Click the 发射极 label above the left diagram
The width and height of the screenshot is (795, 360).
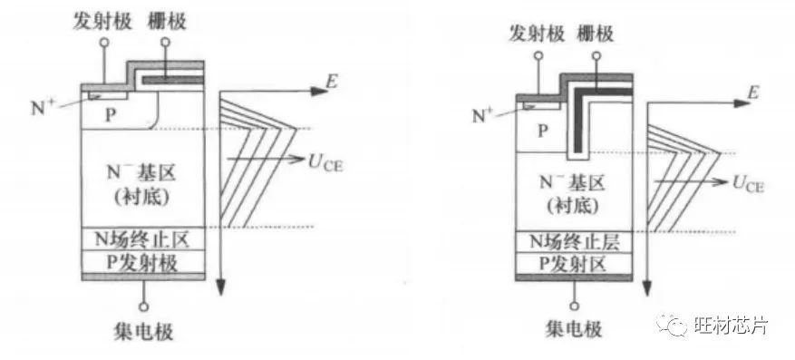[102, 21]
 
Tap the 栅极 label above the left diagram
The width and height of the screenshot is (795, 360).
[167, 21]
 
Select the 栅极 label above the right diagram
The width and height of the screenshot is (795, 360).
[595, 34]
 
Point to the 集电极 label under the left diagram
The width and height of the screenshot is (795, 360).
[144, 332]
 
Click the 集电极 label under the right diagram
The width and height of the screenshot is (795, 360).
[574, 329]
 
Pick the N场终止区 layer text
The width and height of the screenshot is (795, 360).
[143, 238]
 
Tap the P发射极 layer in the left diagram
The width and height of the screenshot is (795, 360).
[143, 262]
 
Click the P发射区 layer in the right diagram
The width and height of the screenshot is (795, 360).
[575, 264]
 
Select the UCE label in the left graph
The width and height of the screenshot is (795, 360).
[325, 164]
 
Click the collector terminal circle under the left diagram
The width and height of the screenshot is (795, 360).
[144, 307]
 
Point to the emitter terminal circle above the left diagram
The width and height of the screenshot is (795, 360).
[105, 43]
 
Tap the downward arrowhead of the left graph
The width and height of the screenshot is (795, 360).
[220, 287]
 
